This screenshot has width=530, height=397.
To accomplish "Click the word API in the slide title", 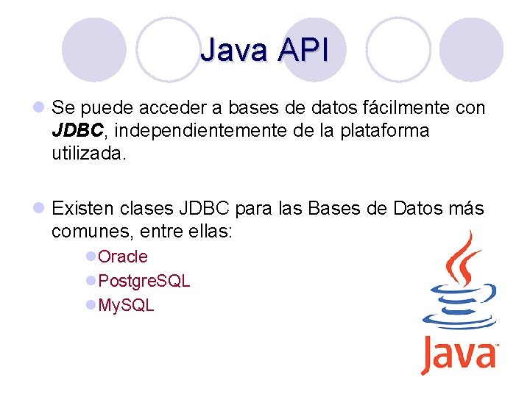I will click(302, 50).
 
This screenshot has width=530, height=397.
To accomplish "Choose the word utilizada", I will click(89, 154).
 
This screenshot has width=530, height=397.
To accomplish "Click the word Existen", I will click(82, 209).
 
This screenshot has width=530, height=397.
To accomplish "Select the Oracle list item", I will click(122, 257).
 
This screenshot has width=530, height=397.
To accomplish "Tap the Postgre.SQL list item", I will click(144, 281).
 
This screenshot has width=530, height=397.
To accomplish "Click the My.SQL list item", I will click(126, 305).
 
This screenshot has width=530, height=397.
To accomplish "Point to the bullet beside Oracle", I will click(91, 257).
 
